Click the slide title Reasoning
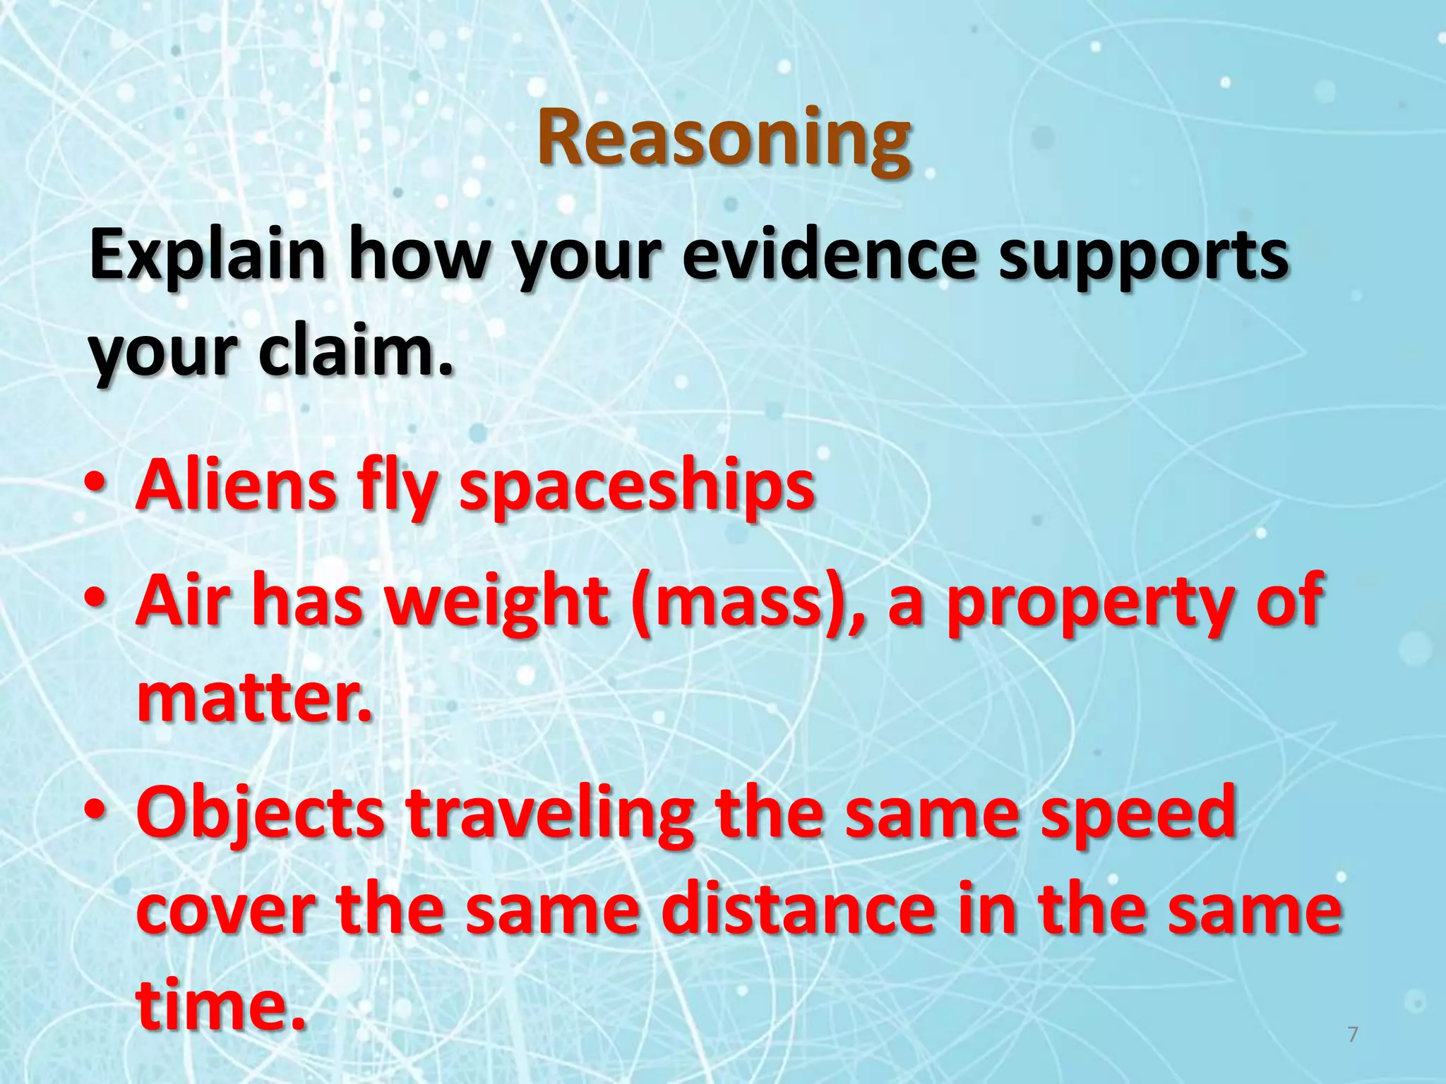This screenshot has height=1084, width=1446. click(x=723, y=139)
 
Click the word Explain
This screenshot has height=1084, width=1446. click(x=207, y=255)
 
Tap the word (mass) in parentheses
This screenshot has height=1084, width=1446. click(x=746, y=601)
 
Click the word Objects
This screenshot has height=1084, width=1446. click(x=260, y=813)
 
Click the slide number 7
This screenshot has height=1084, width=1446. click(x=1353, y=1035)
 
